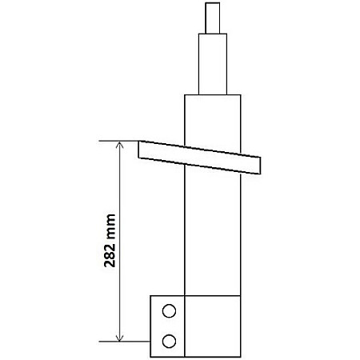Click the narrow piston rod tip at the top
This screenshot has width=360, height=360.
[x=213, y=18]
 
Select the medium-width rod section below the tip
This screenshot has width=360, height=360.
[x=213, y=64]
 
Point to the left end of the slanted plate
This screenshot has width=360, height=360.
[x=138, y=150]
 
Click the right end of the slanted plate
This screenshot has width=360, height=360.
[x=260, y=166]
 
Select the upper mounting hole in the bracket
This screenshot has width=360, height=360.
[x=169, y=311]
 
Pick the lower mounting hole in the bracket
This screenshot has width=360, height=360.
[x=169, y=341]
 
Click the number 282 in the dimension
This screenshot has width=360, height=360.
[x=110, y=255]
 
